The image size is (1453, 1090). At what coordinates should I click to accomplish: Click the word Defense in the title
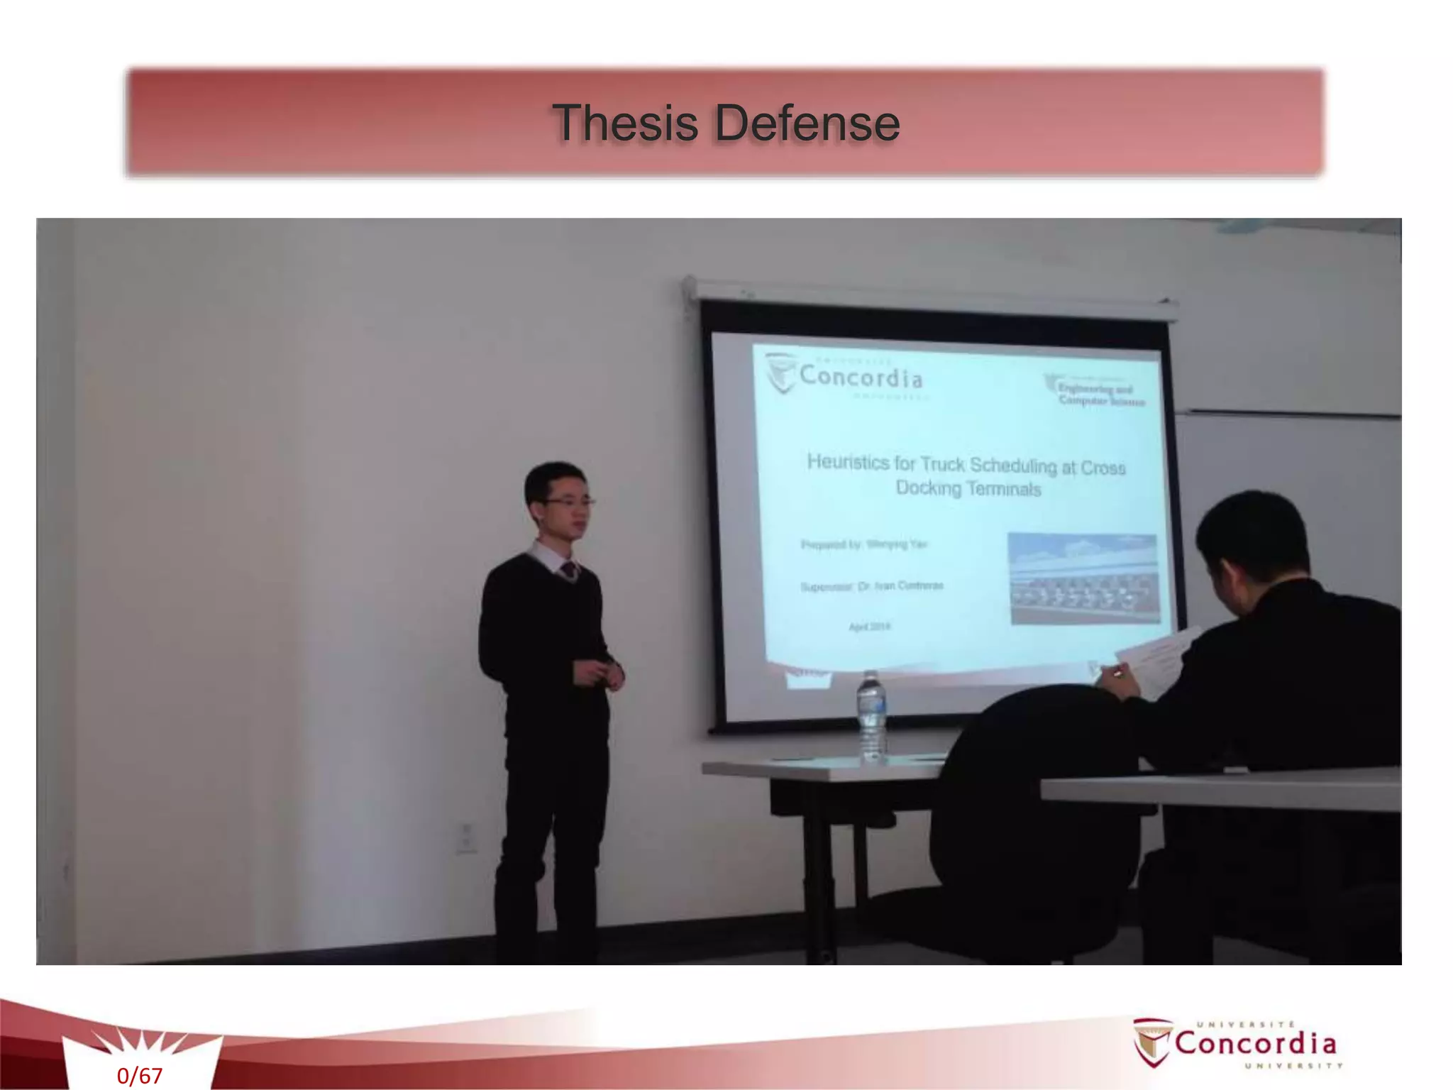[807, 123]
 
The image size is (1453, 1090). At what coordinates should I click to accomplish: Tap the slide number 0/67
[140, 1076]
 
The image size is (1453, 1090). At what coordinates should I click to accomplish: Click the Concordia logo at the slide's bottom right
[1238, 1042]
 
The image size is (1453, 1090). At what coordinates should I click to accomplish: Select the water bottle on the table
[871, 717]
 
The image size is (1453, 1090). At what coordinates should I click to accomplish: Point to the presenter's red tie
[568, 570]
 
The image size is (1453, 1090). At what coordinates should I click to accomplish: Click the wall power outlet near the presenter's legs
[466, 837]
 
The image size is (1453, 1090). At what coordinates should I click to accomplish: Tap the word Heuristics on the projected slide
[848, 463]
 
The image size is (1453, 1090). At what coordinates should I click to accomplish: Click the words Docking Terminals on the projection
[968, 488]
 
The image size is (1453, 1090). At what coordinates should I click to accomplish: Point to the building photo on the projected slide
[1083, 578]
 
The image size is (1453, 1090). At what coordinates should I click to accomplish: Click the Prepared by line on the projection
[863, 544]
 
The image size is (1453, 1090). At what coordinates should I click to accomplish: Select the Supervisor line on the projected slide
[872, 586]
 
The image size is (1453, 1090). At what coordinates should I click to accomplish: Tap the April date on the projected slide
[869, 627]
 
